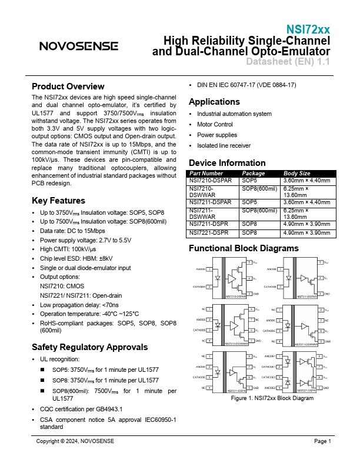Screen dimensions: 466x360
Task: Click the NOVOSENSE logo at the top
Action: point(78,46)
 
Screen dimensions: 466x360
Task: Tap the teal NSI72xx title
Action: point(308,29)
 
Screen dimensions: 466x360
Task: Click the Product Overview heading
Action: point(68,86)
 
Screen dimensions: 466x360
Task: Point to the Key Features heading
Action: point(58,201)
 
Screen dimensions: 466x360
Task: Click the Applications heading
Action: point(214,102)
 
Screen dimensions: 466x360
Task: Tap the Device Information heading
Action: point(227,163)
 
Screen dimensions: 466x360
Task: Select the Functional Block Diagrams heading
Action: point(244,249)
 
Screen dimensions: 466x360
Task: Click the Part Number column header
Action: point(206,174)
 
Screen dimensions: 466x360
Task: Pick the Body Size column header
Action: point(296,174)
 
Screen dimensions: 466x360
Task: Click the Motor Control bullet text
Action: point(215,124)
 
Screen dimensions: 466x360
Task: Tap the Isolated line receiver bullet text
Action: point(224,145)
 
